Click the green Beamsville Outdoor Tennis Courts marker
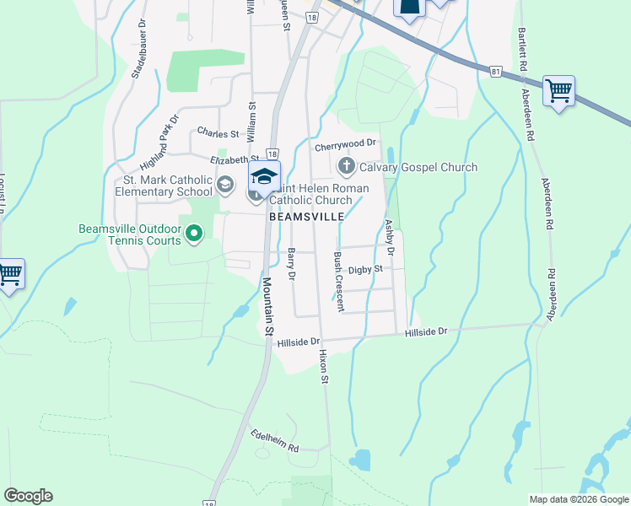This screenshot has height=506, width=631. click(194, 233)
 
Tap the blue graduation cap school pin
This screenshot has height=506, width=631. click(264, 176)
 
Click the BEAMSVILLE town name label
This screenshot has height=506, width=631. click(306, 216)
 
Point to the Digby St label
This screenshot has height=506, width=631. click(366, 269)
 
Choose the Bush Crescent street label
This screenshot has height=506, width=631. click(338, 281)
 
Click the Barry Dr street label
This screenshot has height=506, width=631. click(292, 264)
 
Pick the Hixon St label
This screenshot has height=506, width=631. click(323, 368)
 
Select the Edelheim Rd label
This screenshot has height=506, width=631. click(275, 442)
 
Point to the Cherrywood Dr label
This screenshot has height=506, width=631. click(344, 146)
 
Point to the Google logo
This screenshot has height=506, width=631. click(28, 496)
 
